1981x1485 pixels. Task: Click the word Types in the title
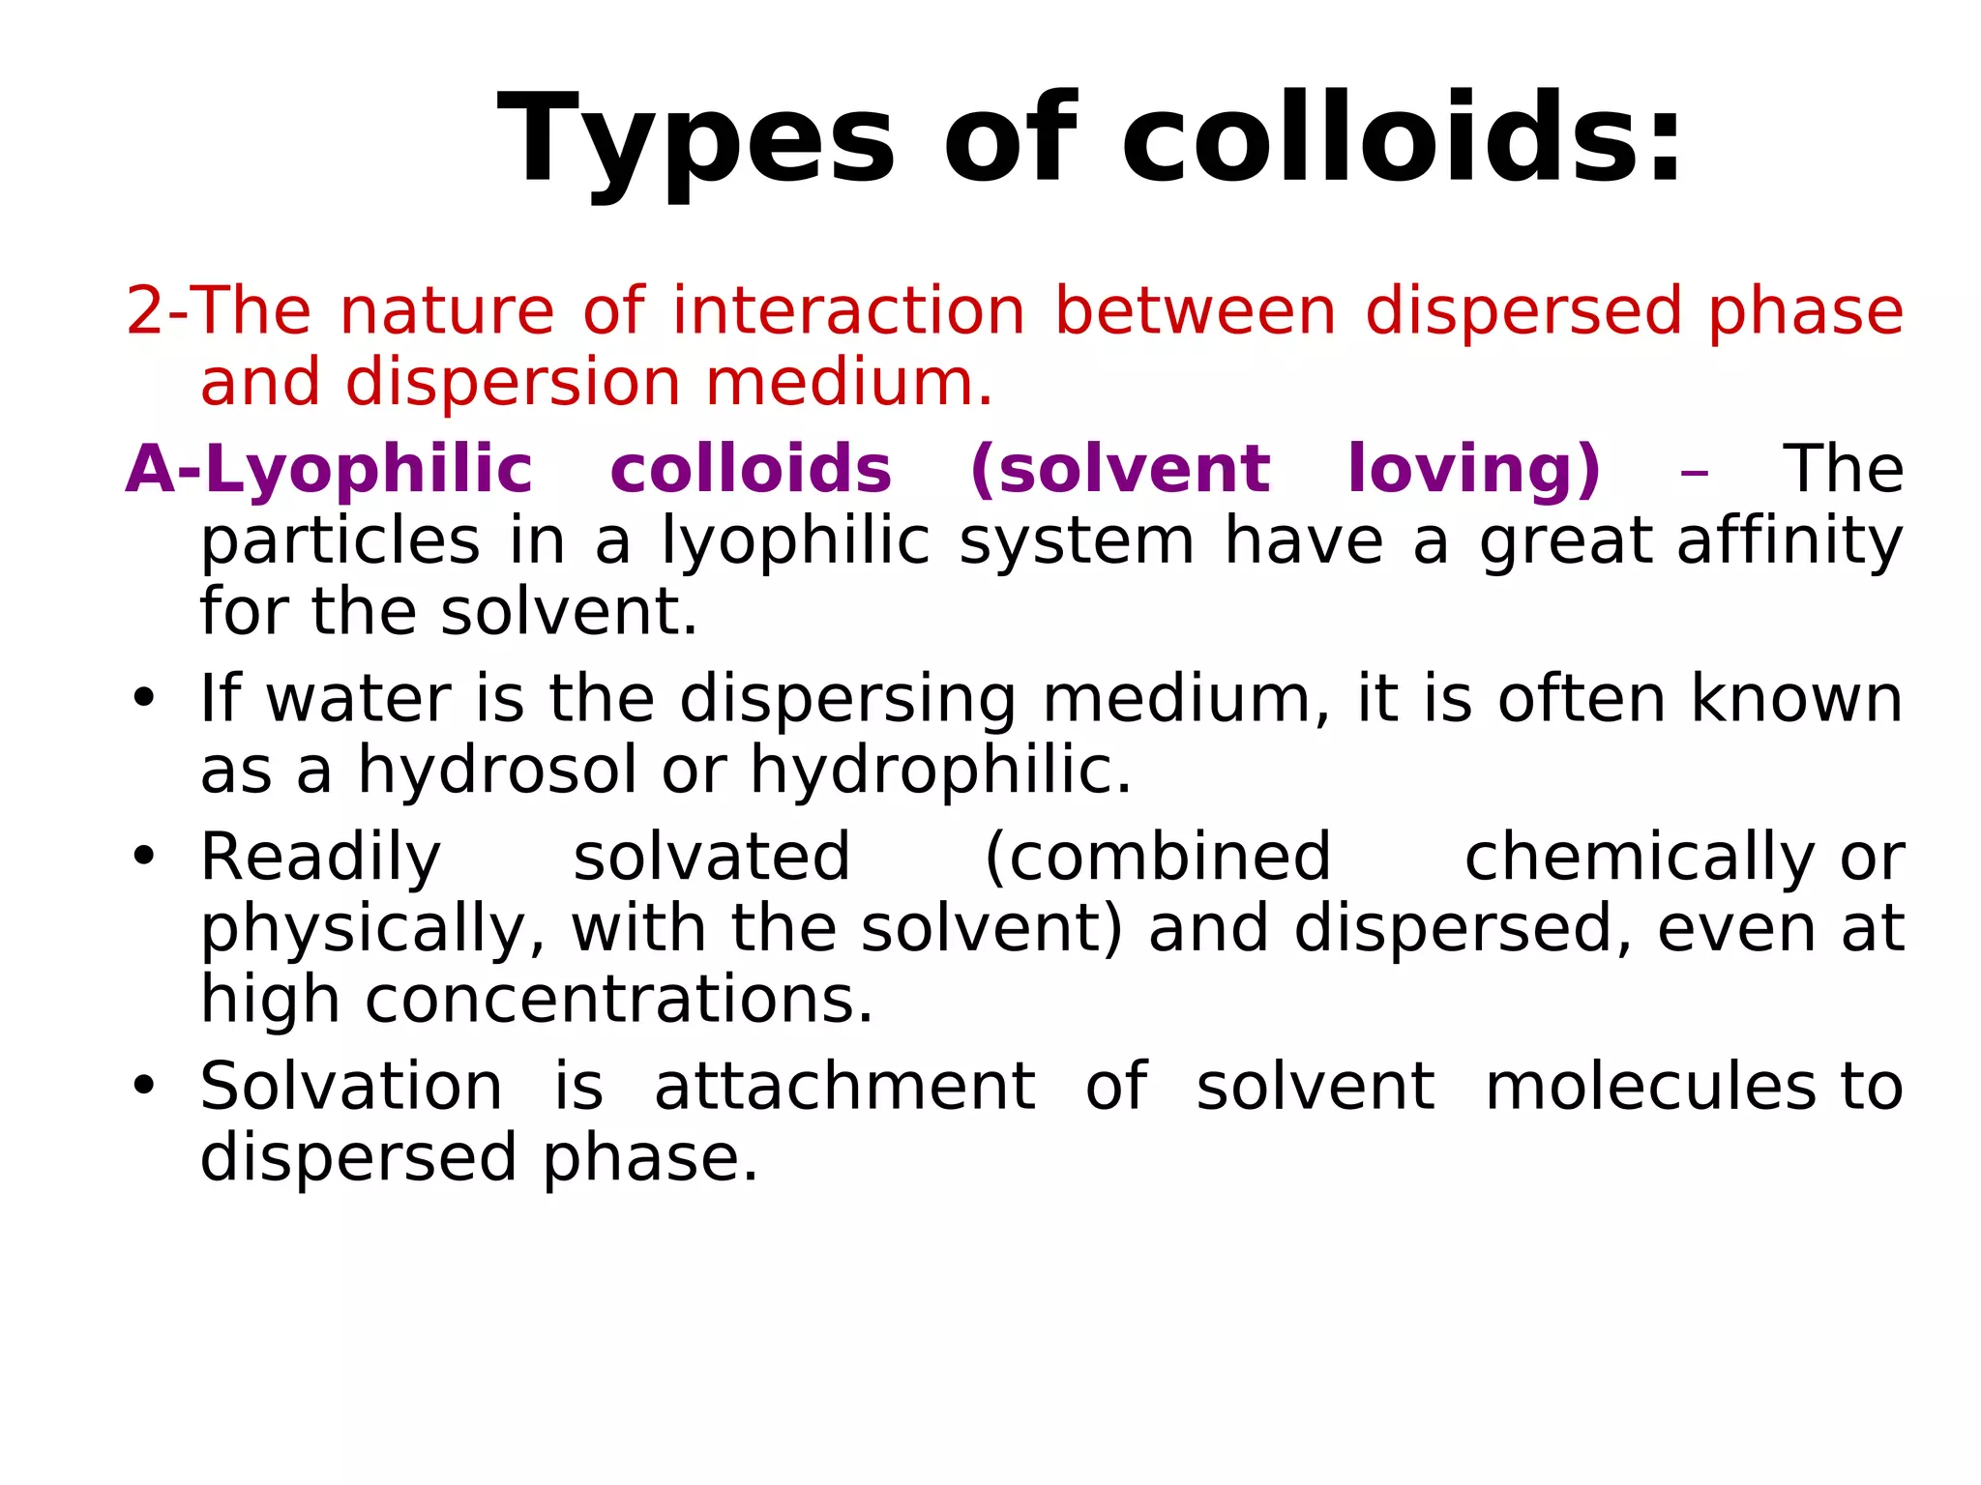coord(695,140)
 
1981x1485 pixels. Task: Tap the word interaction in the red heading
coord(848,311)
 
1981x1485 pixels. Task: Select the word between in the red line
coord(1195,311)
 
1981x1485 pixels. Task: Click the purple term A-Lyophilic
coord(329,470)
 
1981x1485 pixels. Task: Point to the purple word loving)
coord(1473,470)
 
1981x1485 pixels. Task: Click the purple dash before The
coord(1694,474)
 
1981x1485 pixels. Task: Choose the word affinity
coord(1789,540)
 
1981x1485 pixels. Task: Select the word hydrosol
coord(497,771)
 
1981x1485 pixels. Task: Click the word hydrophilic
coord(940,771)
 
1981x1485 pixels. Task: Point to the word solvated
coord(712,858)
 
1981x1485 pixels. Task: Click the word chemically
coord(1639,858)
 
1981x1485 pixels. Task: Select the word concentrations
coord(619,1000)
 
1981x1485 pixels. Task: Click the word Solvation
coord(351,1087)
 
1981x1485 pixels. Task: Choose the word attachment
coord(844,1087)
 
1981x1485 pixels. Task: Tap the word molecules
coord(1650,1087)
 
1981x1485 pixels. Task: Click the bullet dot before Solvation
coord(144,1086)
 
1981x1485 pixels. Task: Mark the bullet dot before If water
coord(144,698)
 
